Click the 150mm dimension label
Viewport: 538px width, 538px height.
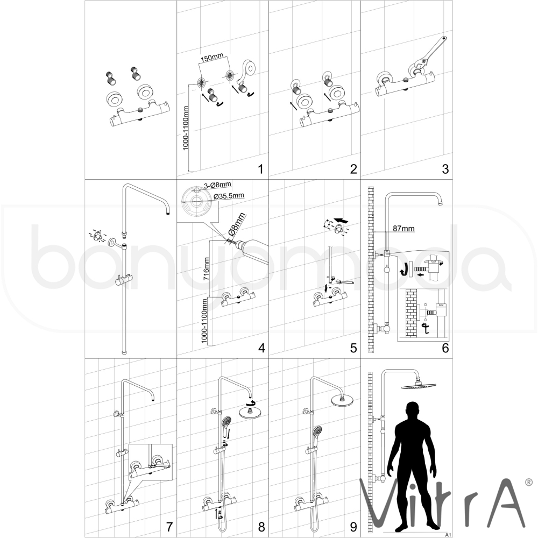point(211,58)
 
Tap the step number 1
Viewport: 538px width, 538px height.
point(261,169)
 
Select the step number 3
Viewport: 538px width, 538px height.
point(445,169)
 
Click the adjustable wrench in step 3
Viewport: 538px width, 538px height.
point(429,53)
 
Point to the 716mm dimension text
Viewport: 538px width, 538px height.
point(207,270)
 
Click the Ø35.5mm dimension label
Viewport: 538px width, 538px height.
point(229,196)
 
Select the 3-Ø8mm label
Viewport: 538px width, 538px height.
point(217,185)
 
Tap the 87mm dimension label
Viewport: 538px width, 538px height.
point(404,229)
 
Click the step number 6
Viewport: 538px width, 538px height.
point(445,348)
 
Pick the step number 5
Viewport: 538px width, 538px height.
point(353,348)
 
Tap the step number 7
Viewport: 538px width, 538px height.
point(169,527)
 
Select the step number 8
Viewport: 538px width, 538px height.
point(261,527)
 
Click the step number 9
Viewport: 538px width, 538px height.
point(353,527)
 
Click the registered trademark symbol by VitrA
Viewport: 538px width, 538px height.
point(529,482)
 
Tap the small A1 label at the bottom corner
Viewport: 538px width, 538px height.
point(448,535)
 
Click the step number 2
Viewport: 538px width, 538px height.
point(353,169)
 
